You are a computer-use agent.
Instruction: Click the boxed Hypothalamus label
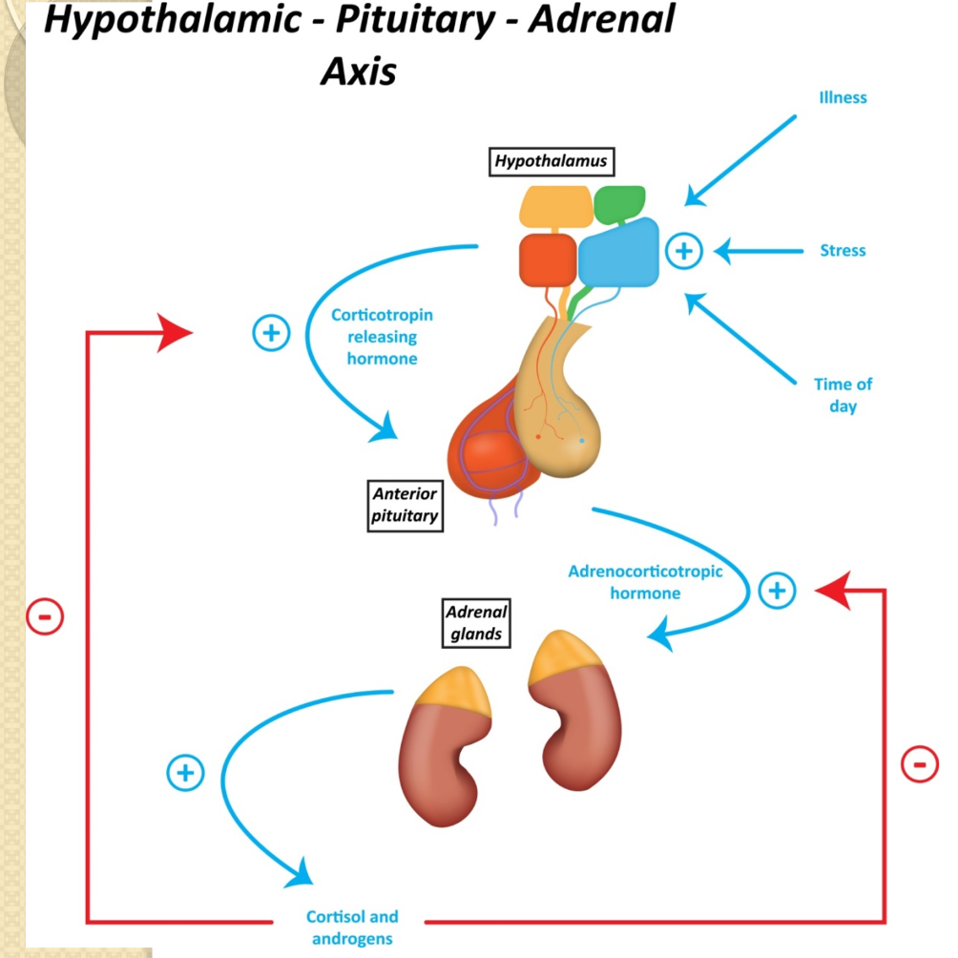[551, 162]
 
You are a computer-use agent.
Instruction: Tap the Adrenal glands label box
[476, 621]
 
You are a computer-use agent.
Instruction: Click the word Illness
[843, 97]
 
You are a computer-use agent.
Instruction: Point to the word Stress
[843, 251]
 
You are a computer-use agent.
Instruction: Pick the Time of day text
[843, 395]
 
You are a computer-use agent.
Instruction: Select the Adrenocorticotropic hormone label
[645, 582]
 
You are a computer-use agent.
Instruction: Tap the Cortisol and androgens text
[352, 927]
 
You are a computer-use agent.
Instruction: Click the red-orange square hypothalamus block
[548, 259]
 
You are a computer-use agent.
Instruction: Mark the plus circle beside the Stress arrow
[683, 251]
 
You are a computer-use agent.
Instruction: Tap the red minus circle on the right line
[919, 763]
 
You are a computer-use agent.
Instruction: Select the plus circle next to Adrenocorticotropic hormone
[777, 591]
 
